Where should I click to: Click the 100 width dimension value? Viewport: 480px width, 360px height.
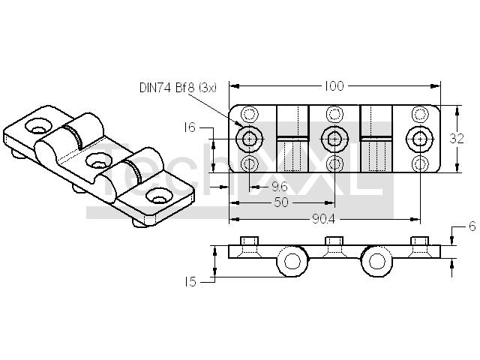pyautogui.click(x=334, y=86)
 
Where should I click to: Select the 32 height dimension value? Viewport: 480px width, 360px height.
pyautogui.click(x=457, y=139)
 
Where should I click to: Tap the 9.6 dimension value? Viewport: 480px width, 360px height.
pyautogui.click(x=280, y=187)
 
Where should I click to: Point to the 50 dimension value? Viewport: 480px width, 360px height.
pyautogui.click(x=281, y=202)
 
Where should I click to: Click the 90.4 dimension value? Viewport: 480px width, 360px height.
pyautogui.click(x=324, y=218)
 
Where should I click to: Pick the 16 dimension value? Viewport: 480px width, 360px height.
pyautogui.click(x=190, y=127)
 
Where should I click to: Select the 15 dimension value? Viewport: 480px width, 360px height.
pyautogui.click(x=190, y=282)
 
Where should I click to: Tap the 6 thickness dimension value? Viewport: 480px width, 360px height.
pyautogui.click(x=472, y=226)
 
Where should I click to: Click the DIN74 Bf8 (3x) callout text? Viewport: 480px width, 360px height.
pyautogui.click(x=178, y=88)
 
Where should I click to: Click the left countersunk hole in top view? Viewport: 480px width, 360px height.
pyautogui.click(x=250, y=139)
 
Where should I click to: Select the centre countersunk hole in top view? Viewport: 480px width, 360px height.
pyautogui.click(x=334, y=139)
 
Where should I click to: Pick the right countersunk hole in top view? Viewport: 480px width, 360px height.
pyautogui.click(x=419, y=139)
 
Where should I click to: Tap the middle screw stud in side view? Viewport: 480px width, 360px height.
pyautogui.click(x=334, y=241)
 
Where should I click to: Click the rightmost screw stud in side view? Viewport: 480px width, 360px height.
pyautogui.click(x=419, y=241)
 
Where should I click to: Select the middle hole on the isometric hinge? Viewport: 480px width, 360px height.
pyautogui.click(x=98, y=161)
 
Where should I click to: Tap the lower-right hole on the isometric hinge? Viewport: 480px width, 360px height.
pyautogui.click(x=159, y=196)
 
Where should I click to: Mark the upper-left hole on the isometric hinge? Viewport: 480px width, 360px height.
pyautogui.click(x=39, y=126)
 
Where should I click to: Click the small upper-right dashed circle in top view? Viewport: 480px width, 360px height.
pyautogui.click(x=419, y=115)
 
